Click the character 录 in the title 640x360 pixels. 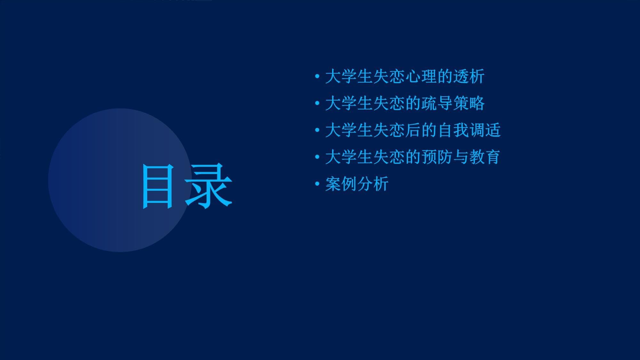coord(208,186)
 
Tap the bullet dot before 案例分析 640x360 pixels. coord(317,184)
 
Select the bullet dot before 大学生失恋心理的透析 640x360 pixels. coord(317,76)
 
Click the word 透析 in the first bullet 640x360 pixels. coord(469,76)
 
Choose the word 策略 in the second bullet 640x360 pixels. coord(469,103)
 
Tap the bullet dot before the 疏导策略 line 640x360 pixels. coord(317,103)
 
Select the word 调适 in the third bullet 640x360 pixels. coord(485,130)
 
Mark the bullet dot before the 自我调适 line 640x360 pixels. coord(317,130)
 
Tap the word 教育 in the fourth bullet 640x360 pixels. coord(485,157)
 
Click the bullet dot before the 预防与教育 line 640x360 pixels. coord(317,157)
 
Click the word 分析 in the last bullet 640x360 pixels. coord(373,184)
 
